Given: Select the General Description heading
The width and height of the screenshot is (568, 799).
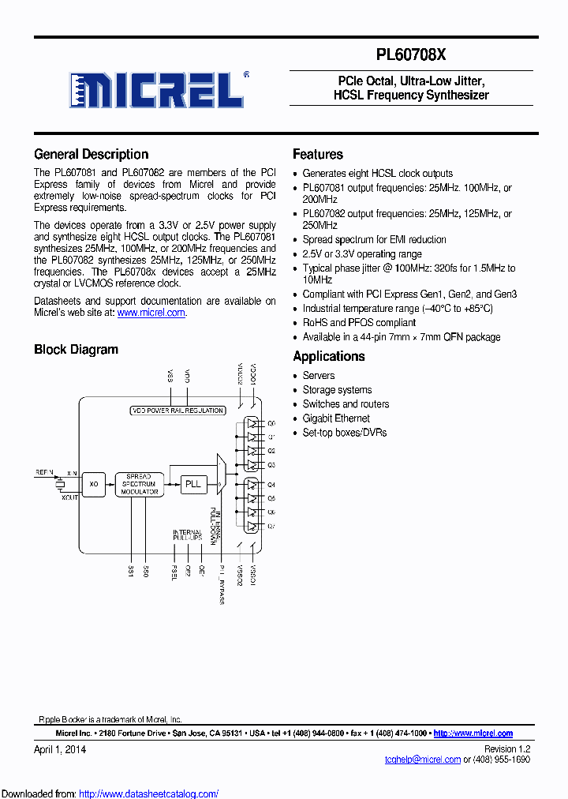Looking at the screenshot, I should click(x=92, y=155).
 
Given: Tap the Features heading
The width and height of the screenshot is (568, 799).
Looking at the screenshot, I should click(x=318, y=155).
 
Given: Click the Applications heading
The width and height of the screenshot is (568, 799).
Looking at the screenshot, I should click(x=329, y=357).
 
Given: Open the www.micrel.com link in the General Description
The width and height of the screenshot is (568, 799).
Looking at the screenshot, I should click(x=151, y=313).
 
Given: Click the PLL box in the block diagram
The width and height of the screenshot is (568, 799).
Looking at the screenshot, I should click(x=192, y=483).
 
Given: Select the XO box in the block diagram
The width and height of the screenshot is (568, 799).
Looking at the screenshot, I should click(x=93, y=483).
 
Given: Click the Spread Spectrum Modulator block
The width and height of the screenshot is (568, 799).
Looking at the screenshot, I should click(x=140, y=484).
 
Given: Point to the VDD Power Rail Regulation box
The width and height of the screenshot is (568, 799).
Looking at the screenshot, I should click(x=177, y=411).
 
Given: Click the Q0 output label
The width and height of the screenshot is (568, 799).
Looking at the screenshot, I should click(x=271, y=423).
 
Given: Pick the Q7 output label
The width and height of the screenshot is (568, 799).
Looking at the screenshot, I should click(x=271, y=526).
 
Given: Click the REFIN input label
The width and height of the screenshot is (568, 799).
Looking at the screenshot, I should click(x=45, y=471).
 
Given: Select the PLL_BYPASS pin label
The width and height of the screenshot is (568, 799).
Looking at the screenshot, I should click(x=222, y=585).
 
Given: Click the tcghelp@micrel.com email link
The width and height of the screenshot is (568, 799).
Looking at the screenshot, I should click(x=423, y=760).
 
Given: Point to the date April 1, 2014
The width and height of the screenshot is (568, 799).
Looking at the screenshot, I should click(x=60, y=749).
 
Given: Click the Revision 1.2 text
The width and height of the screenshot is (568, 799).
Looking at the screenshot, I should click(x=506, y=749).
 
